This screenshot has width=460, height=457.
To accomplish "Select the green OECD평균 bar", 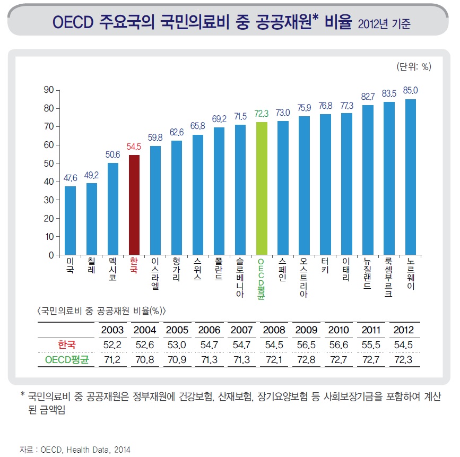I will click(262, 188).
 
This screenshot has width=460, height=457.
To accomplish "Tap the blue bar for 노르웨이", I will click(410, 177).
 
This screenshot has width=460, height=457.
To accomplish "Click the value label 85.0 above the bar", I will click(410, 90).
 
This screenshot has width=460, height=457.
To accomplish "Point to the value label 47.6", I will click(71, 178).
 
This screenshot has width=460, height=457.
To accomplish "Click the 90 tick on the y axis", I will click(48, 90).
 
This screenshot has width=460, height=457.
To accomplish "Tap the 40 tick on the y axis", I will click(48, 182).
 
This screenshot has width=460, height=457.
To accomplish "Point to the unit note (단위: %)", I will click(414, 66).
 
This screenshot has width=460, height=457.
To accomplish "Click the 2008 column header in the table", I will click(274, 330).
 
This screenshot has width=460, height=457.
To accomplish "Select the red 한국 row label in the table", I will click(67, 344).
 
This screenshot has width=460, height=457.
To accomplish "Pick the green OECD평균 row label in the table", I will click(67, 360).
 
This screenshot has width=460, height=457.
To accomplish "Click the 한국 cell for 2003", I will click(112, 344).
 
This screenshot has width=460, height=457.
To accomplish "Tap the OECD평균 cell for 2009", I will click(306, 360).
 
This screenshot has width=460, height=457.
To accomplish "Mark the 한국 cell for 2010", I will click(339, 344).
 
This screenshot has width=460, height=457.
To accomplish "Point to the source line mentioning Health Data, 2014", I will click(74, 449).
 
